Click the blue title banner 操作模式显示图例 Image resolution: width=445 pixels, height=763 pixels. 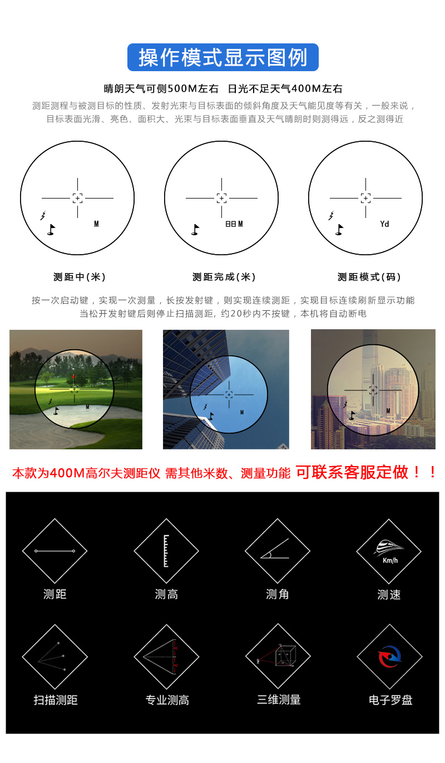222,57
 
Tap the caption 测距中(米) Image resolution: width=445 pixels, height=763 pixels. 79,277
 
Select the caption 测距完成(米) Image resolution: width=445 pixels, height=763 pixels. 224,277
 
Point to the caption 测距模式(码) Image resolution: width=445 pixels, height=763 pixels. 369,277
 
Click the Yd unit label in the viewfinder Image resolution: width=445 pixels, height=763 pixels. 384,224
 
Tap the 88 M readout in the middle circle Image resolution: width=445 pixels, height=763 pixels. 234,224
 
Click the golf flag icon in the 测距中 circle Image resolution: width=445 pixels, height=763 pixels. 51,229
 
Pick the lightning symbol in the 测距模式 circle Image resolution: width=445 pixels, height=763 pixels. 332,215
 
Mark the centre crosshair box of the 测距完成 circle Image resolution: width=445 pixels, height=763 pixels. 221,198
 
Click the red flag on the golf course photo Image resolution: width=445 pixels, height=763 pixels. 74,377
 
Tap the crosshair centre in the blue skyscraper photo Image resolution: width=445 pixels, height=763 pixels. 229,394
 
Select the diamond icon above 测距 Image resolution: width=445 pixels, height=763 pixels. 55,551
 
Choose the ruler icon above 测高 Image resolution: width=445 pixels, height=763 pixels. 166,551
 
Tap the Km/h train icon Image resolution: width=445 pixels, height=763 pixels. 389,551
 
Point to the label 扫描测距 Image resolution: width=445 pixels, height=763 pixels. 55,700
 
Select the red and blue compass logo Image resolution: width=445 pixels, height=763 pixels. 389,657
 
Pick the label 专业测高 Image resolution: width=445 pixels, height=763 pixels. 167,700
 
